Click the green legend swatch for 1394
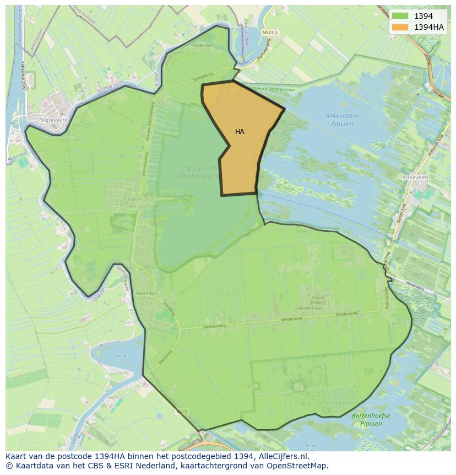pos(400,16)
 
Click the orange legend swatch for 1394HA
pos(400,27)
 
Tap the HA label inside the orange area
pos(240,132)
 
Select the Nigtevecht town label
pos(53,119)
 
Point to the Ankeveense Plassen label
pos(342,120)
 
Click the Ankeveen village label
pos(415,177)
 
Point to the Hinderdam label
pos(202,45)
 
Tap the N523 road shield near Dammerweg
pos(268,33)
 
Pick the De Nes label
pos(122,356)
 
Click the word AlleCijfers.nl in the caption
pos(282,456)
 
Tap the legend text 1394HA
pos(429,27)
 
